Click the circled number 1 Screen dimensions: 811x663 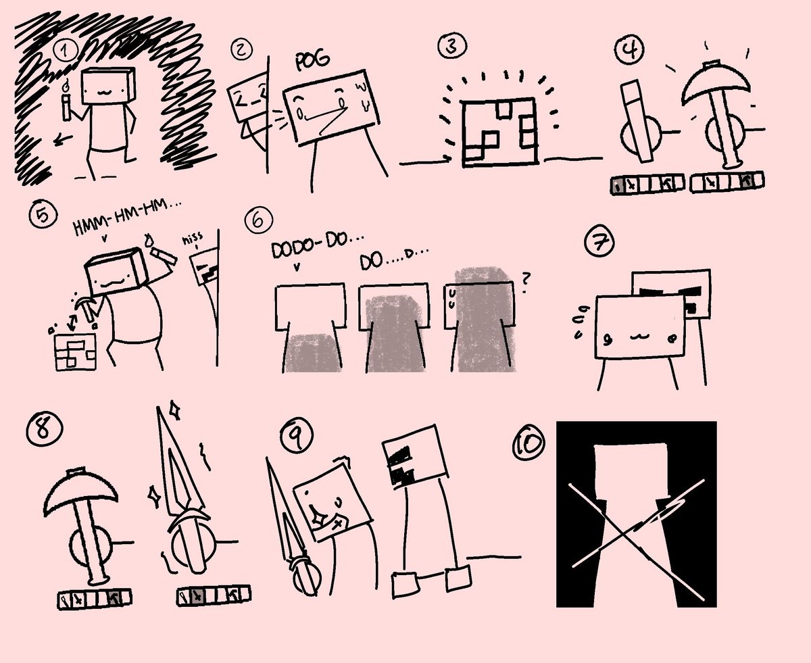click(66, 51)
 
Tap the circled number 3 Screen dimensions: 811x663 click(452, 45)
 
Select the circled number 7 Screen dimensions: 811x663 click(599, 242)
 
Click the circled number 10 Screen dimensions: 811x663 click(529, 444)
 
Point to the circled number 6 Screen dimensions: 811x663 click(258, 220)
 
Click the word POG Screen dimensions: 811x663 click(312, 60)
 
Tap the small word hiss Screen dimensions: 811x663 click(193, 239)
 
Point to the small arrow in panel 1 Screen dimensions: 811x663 click(63, 140)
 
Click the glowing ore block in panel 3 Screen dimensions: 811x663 click(499, 132)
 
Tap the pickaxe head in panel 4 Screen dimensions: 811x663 click(716, 84)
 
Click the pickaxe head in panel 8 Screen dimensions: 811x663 click(80, 492)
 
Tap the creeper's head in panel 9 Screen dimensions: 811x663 click(416, 456)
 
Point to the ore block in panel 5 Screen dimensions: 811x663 click(76, 352)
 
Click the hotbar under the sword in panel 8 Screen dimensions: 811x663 click(214, 595)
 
